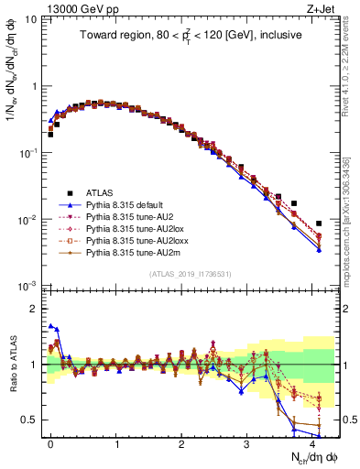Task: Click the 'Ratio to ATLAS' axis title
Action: click(x=12, y=365)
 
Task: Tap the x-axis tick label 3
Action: click(x=246, y=442)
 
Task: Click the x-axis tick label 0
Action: click(x=50, y=442)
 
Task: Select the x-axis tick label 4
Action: click(x=311, y=442)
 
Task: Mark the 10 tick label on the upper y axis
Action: click(x=33, y=19)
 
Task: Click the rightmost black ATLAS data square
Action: click(x=319, y=224)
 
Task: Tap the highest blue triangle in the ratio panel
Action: click(x=50, y=325)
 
